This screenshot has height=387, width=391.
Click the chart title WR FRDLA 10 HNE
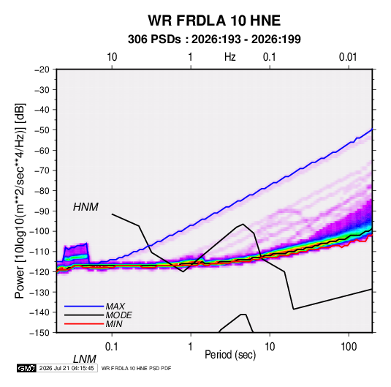tap(214, 20)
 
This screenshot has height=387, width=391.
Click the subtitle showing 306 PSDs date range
tap(214, 40)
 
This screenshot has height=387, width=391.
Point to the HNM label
tap(86, 207)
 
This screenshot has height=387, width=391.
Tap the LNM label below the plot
tap(84, 359)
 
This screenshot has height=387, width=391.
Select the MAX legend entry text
tap(115, 306)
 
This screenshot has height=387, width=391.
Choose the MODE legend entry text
tap(118, 315)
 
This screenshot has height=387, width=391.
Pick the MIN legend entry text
tap(114, 324)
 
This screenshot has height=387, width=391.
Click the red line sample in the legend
tap(84, 324)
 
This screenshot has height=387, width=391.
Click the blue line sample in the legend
tap(84, 306)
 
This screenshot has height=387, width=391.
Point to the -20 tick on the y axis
tap(42, 69)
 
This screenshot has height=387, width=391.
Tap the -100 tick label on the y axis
tap(39, 231)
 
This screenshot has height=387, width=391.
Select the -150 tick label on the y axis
tap(39, 333)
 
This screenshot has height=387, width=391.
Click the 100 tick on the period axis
tap(349, 347)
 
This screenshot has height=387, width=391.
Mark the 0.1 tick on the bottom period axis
tap(112, 347)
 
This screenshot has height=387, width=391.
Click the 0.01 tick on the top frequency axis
tap(348, 57)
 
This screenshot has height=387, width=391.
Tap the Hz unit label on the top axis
tap(230, 57)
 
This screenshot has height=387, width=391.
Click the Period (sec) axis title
tap(230, 355)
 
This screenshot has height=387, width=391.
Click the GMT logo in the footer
tap(27, 368)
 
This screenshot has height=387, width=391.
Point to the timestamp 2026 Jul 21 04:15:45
tap(67, 368)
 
